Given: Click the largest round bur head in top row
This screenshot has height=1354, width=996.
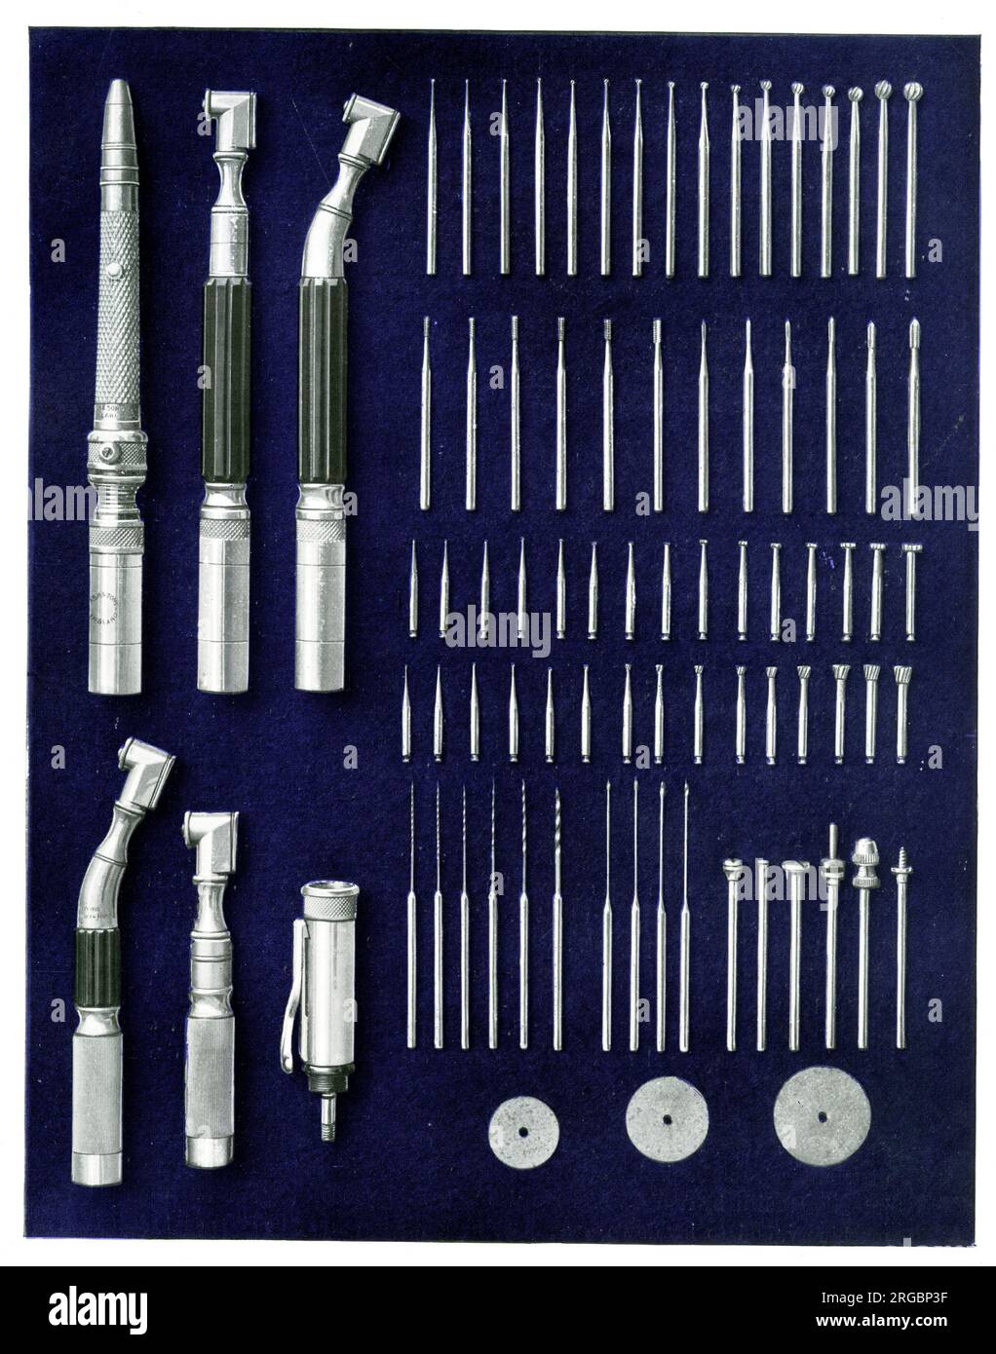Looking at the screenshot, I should coord(913,95).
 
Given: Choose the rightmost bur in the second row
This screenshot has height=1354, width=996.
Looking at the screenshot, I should coord(913,419).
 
